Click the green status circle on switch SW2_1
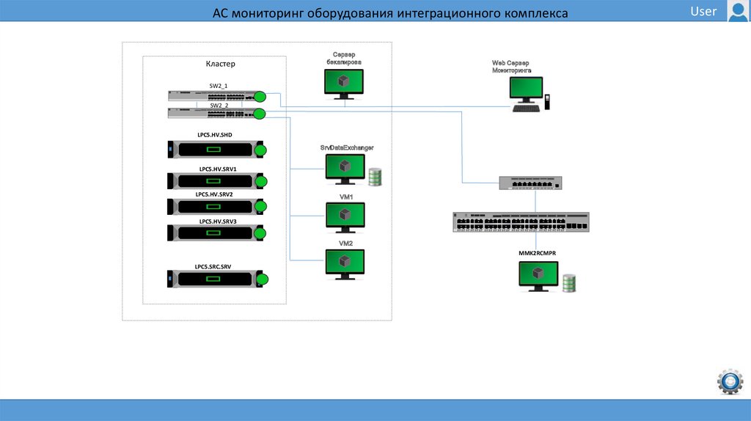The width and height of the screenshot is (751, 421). click(260, 97)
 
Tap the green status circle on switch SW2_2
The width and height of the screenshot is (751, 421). click(259, 114)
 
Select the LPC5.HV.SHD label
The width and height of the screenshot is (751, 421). click(215, 135)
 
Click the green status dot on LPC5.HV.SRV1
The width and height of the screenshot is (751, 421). click(261, 181)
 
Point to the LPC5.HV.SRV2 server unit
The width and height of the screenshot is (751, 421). click(215, 206)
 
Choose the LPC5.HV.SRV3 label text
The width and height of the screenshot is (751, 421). click(218, 222)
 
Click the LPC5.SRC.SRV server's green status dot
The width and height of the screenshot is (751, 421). click(262, 279)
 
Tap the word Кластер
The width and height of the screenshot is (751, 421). click(220, 64)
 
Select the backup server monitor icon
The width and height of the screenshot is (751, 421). click(344, 84)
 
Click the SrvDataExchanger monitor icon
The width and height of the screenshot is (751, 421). click(345, 169)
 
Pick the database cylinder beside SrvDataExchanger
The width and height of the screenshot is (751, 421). click(375, 177)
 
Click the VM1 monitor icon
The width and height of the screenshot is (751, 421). click(345, 217)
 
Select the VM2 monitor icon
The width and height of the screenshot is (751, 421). click(345, 264)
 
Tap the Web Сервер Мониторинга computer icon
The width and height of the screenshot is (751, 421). click(530, 95)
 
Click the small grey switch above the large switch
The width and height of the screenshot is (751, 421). click(531, 183)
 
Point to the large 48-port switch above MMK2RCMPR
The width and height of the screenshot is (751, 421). click(521, 222)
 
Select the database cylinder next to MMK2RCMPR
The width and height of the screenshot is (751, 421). click(569, 283)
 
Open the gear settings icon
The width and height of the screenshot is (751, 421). click(730, 381)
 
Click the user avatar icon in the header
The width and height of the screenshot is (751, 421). click(738, 11)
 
